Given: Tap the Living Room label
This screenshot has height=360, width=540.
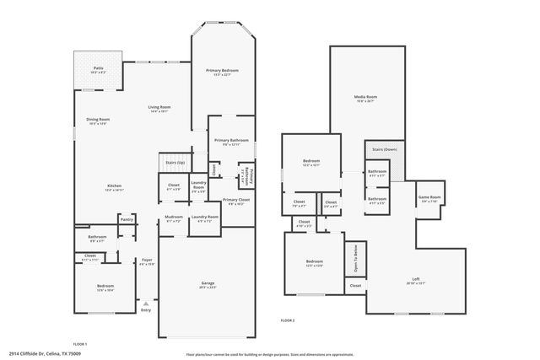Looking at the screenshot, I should (x=160, y=107).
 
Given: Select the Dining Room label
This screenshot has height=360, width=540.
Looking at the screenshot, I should (x=100, y=120).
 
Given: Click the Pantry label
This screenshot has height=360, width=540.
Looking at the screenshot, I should (x=127, y=220).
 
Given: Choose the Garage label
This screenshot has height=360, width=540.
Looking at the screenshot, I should (x=208, y=282).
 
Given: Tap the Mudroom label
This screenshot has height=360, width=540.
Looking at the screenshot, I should (x=174, y=218).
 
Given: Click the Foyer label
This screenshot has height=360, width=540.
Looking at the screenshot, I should (x=147, y=260).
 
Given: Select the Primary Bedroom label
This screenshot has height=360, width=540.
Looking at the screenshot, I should (x=223, y=71).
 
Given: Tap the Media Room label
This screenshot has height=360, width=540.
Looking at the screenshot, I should (x=365, y=98).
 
